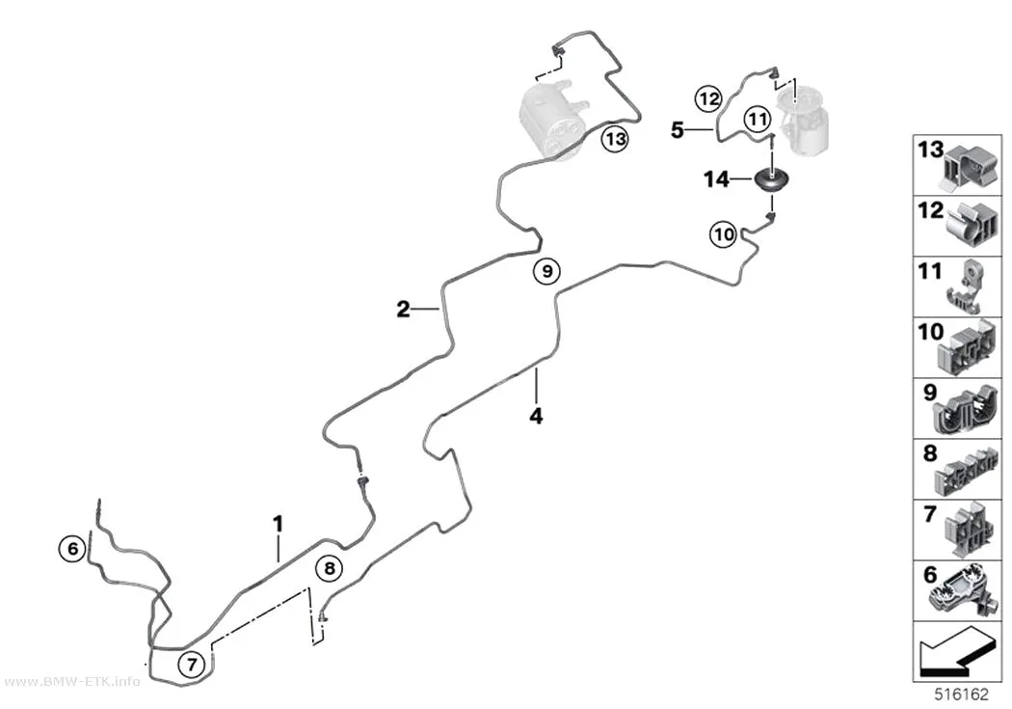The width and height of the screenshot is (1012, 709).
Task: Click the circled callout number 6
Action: [x=72, y=549]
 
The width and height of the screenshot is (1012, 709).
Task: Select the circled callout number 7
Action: [x=192, y=663]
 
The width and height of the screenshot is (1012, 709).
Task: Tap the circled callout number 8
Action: [x=330, y=568]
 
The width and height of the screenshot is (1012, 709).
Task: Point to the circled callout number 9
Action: [x=547, y=271]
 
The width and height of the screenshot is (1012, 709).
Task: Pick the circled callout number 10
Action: [x=724, y=233]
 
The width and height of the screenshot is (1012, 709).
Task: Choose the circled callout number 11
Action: [x=757, y=119]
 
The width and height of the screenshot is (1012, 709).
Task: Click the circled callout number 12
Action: [x=708, y=98]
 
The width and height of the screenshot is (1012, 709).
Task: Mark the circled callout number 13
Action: [x=616, y=139]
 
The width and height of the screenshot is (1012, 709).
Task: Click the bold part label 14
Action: [x=716, y=178]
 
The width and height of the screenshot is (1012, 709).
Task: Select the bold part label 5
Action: [x=677, y=130]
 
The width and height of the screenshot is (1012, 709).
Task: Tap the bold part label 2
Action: [x=404, y=310]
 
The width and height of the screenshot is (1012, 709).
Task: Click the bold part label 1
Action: [x=279, y=523]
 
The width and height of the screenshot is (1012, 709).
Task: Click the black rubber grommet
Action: [x=772, y=179]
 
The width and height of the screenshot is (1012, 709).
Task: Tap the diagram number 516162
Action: [x=962, y=695]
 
